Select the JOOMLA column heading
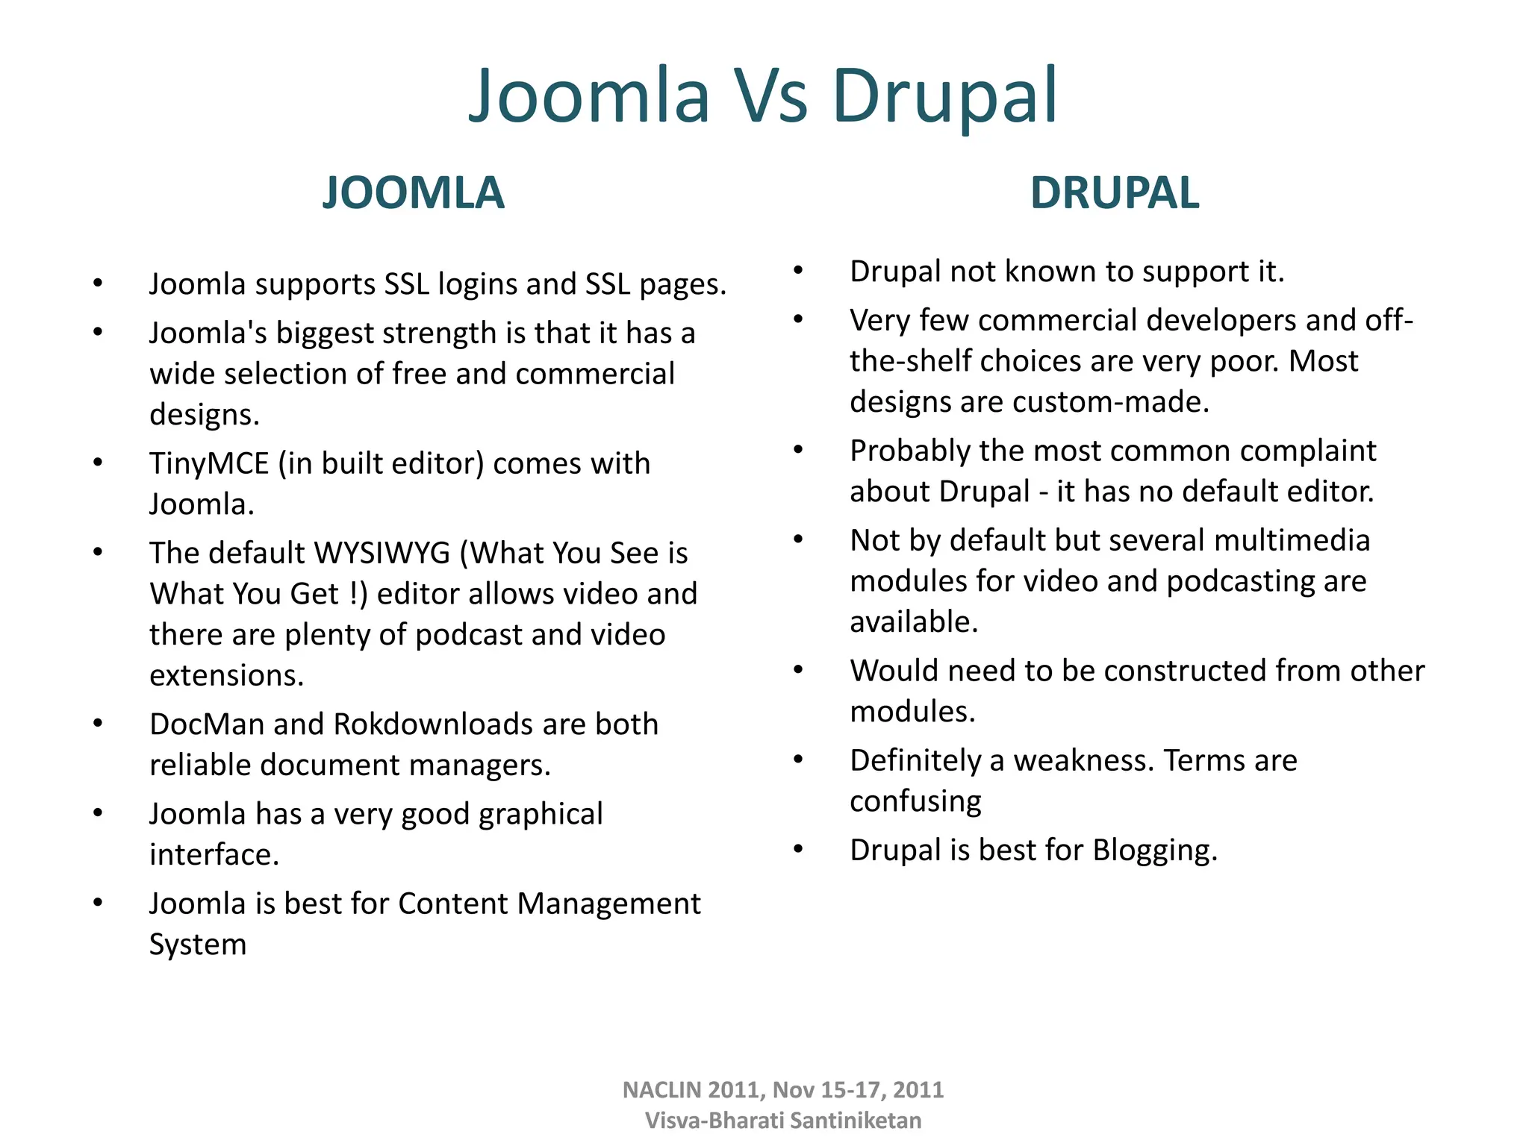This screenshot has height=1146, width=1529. [413, 192]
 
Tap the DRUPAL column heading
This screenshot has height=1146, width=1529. [1114, 192]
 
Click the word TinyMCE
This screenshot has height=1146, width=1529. [208, 463]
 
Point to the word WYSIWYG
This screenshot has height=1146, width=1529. [382, 553]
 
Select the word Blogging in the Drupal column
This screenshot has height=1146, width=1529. [1154, 851]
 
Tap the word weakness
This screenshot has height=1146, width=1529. [1084, 760]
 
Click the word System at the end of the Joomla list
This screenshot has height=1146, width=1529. [198, 945]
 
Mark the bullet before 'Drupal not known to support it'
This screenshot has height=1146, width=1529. [798, 270]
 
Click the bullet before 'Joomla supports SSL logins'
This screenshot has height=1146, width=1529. [98, 283]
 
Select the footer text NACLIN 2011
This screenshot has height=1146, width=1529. [691, 1090]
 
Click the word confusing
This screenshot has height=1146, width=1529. [915, 801]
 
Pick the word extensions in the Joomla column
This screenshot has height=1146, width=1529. [226, 675]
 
